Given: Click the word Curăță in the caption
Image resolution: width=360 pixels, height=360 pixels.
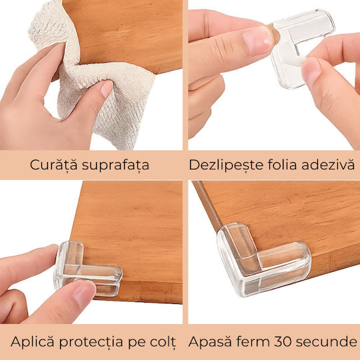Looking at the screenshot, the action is tap(54, 165).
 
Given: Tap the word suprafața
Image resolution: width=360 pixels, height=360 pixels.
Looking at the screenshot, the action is tap(115, 165).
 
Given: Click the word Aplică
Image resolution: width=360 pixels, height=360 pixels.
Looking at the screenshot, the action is tap(33, 341).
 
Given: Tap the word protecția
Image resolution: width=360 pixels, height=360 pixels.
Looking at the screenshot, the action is tap(91, 342).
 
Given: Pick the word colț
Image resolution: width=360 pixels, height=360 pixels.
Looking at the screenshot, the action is tap(163, 342).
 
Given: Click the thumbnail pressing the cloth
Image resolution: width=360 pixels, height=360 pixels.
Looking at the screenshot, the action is tap(107, 89).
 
